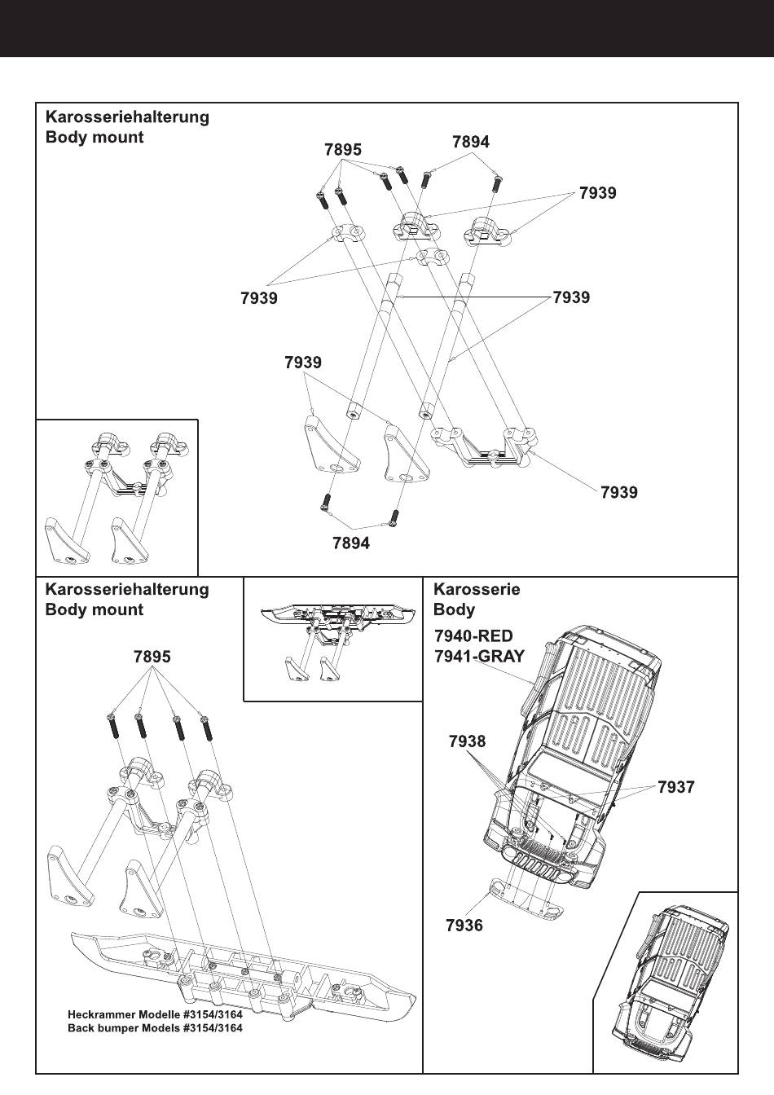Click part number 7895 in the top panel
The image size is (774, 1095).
click(342, 149)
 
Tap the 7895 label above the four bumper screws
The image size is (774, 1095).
click(152, 657)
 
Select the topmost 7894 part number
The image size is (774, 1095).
click(471, 142)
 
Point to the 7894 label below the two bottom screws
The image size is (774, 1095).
click(351, 543)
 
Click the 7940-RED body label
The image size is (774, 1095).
click(473, 636)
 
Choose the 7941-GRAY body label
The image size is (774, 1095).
click(480, 655)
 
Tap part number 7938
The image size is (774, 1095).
click(467, 741)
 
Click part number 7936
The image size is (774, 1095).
click(464, 925)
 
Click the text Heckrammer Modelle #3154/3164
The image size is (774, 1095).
click(155, 1015)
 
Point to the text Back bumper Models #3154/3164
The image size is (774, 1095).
click(155, 1028)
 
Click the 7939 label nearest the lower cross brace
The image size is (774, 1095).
click(618, 492)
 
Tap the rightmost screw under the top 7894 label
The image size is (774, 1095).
click(495, 182)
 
